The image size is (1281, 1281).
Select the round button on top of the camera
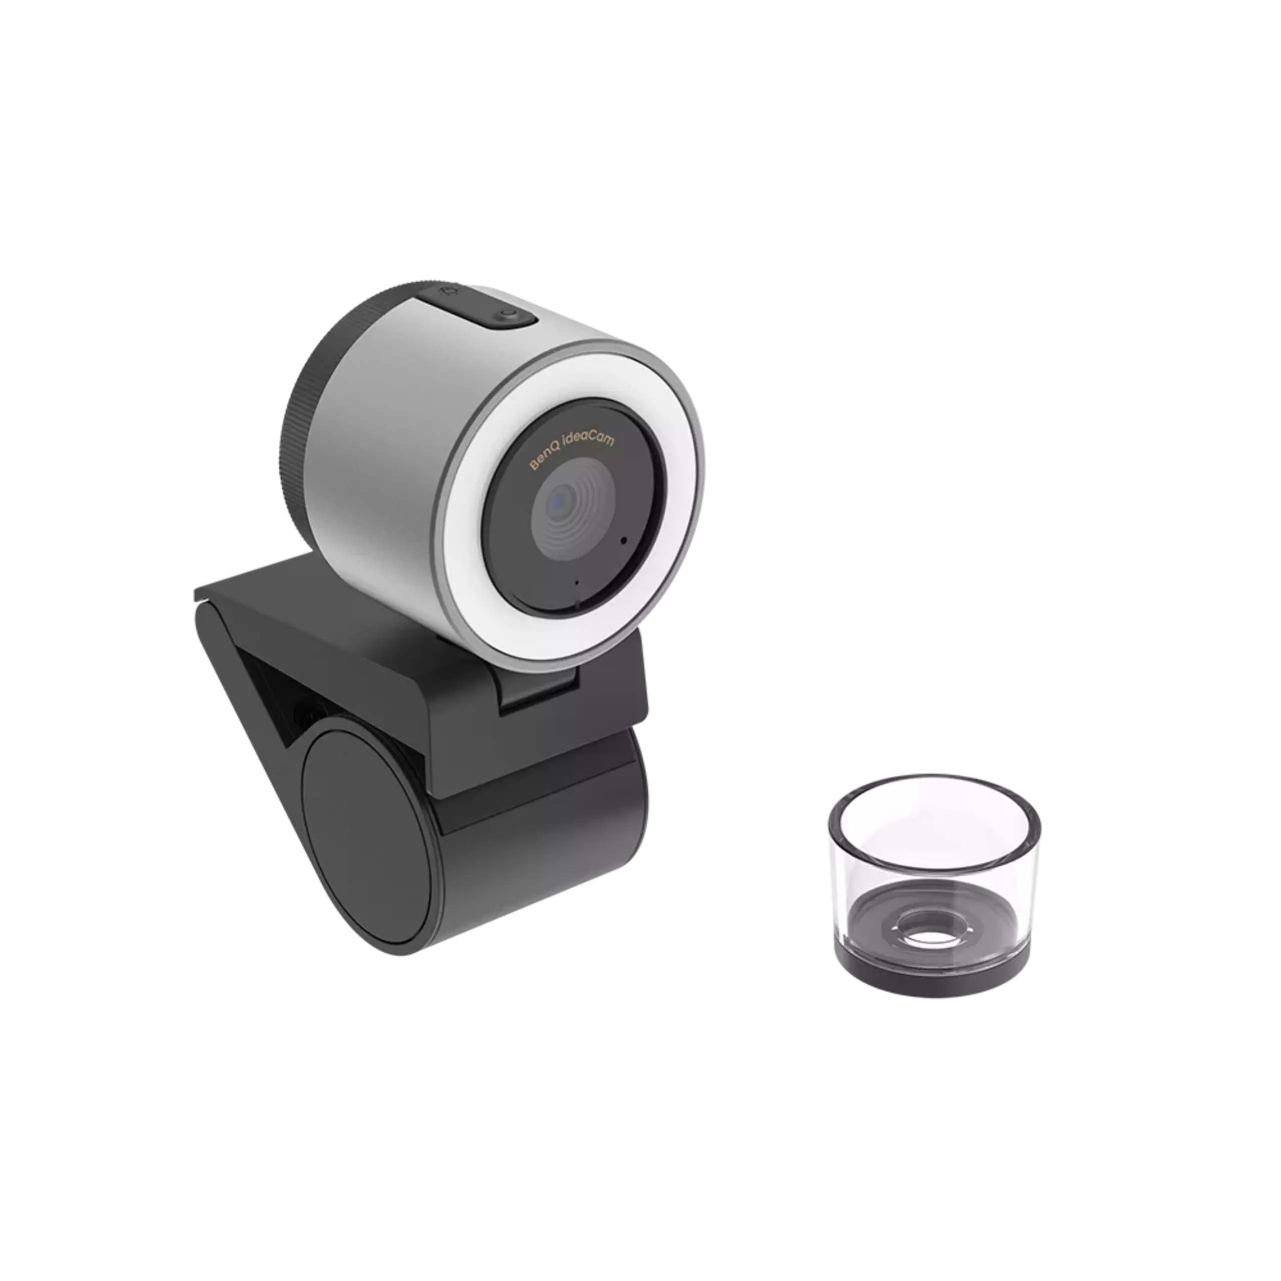507,316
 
